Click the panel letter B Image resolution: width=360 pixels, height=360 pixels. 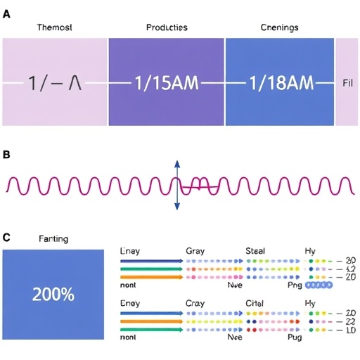click(x=6, y=154)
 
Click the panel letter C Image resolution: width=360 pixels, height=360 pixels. click(x=6, y=238)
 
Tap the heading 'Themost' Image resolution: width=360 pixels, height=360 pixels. click(x=55, y=27)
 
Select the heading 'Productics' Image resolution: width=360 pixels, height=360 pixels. click(x=167, y=27)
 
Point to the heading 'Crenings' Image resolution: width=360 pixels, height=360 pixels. click(x=279, y=27)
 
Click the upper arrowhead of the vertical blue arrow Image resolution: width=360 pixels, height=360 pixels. click(x=177, y=163)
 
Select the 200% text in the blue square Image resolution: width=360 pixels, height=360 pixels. click(x=53, y=294)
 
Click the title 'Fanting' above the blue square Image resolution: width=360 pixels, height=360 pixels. click(x=53, y=239)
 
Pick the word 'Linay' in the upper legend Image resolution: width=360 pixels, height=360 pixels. click(x=131, y=250)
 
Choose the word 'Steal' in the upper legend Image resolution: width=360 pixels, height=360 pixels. click(x=256, y=250)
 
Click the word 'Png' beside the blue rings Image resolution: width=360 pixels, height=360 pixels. click(x=295, y=286)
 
